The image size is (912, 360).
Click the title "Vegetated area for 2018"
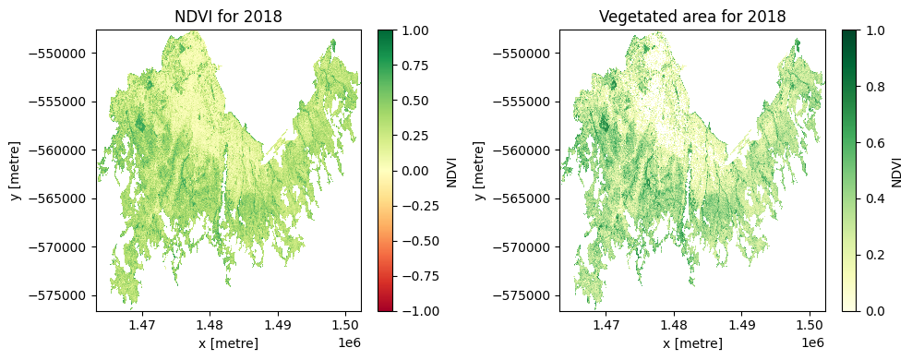(691, 17)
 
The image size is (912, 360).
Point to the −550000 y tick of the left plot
(61, 53)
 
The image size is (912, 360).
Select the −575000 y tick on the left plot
(61, 295)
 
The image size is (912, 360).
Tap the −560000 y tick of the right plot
(524, 150)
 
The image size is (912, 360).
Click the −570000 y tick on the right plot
(524, 246)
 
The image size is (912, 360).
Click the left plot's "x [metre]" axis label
(228, 343)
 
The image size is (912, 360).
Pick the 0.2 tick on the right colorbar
(874, 255)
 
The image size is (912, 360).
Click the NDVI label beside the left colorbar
(451, 171)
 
